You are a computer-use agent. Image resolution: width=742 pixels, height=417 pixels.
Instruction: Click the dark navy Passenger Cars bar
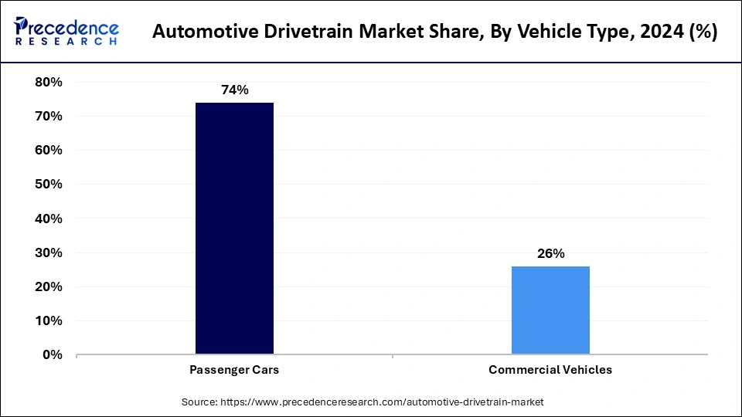(234, 229)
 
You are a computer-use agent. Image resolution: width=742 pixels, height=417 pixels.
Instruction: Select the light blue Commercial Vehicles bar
(550, 310)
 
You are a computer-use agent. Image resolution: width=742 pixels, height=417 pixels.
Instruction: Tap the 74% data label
(234, 90)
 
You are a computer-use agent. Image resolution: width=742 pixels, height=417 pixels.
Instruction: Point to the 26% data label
(550, 253)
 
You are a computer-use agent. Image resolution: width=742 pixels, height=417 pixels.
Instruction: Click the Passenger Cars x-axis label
(234, 370)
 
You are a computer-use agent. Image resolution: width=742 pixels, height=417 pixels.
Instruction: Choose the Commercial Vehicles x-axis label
(550, 370)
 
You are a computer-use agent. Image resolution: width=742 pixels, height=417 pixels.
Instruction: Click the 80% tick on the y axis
(49, 82)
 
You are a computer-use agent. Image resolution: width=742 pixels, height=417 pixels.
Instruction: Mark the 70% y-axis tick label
(49, 116)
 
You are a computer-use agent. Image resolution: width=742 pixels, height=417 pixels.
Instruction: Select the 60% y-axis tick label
(49, 150)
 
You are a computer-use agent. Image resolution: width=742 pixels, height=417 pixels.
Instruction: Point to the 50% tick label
(49, 185)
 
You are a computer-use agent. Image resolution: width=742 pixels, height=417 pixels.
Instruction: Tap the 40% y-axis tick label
(49, 219)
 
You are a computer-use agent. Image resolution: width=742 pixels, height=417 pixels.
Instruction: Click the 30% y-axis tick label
(49, 253)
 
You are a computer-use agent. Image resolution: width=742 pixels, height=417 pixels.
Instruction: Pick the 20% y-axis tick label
(49, 286)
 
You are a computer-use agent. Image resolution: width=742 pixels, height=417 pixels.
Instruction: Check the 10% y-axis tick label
(49, 320)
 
